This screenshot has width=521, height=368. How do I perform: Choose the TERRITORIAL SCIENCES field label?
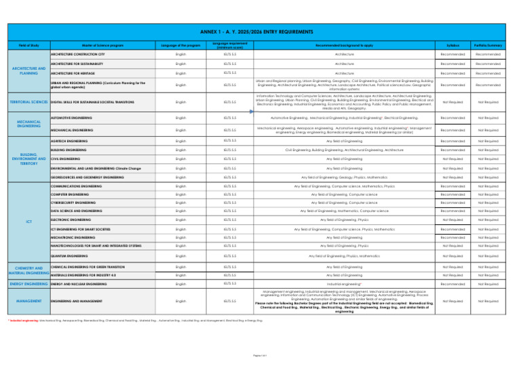(x=24, y=102)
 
